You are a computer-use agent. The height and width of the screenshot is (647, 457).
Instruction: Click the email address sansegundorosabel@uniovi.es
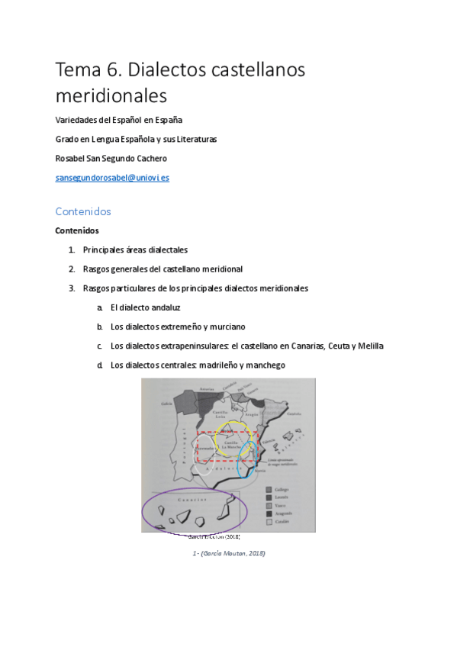112,178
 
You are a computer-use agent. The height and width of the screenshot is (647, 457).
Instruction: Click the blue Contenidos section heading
83,211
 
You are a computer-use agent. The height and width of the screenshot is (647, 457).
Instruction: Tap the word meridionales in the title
111,97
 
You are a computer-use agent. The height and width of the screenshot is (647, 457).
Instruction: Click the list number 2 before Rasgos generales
71,269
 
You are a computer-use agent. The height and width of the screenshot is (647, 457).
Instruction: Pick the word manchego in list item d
264,365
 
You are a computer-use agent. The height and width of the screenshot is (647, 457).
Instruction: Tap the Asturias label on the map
207,389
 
